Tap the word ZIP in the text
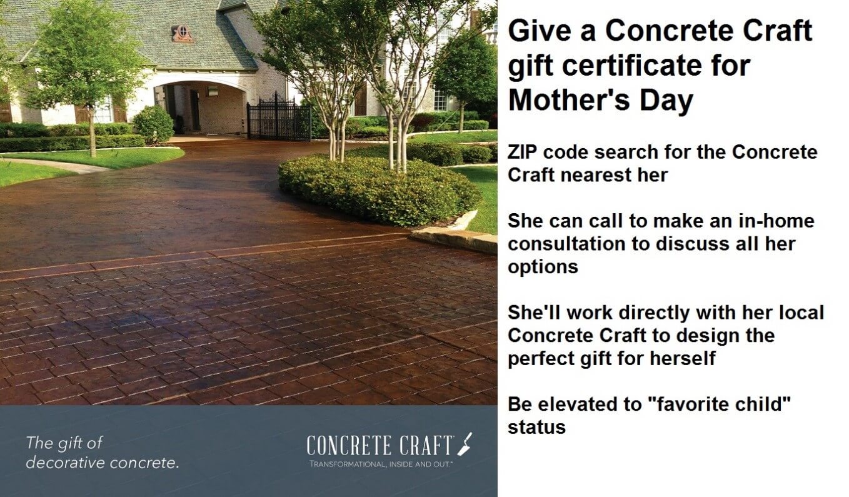click(x=523, y=153)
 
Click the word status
click(x=536, y=427)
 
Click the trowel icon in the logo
click(x=465, y=443)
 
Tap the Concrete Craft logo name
click(x=379, y=446)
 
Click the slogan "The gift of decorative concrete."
click(x=102, y=453)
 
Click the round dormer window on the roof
click(x=181, y=34)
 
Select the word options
click(x=542, y=267)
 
